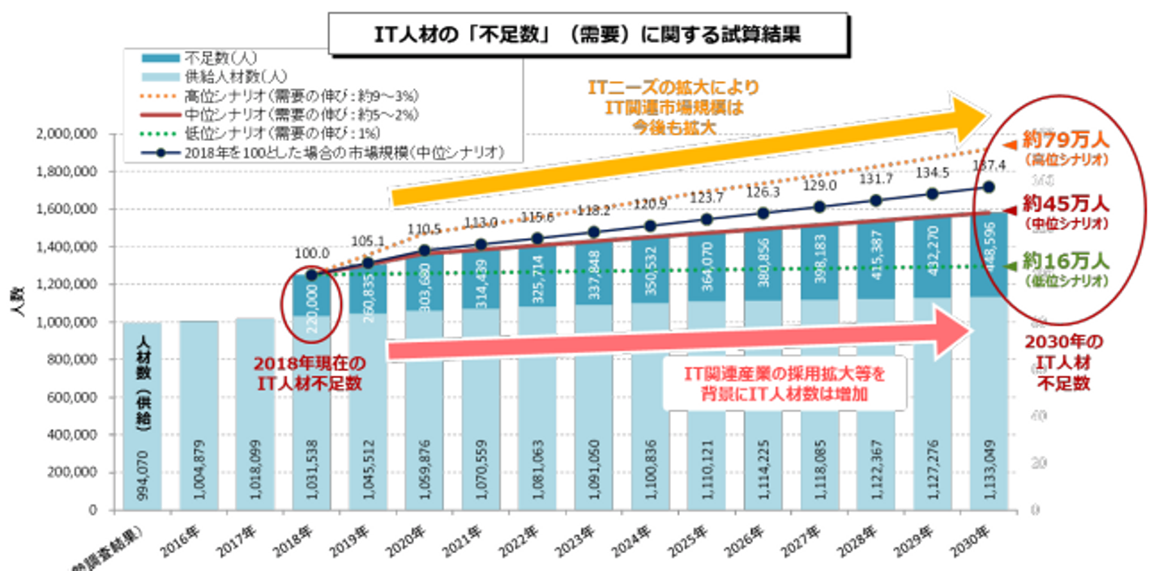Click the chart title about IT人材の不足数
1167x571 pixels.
click(588, 35)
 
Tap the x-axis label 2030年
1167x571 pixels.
click(977, 542)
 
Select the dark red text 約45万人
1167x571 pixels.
click(1065, 205)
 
